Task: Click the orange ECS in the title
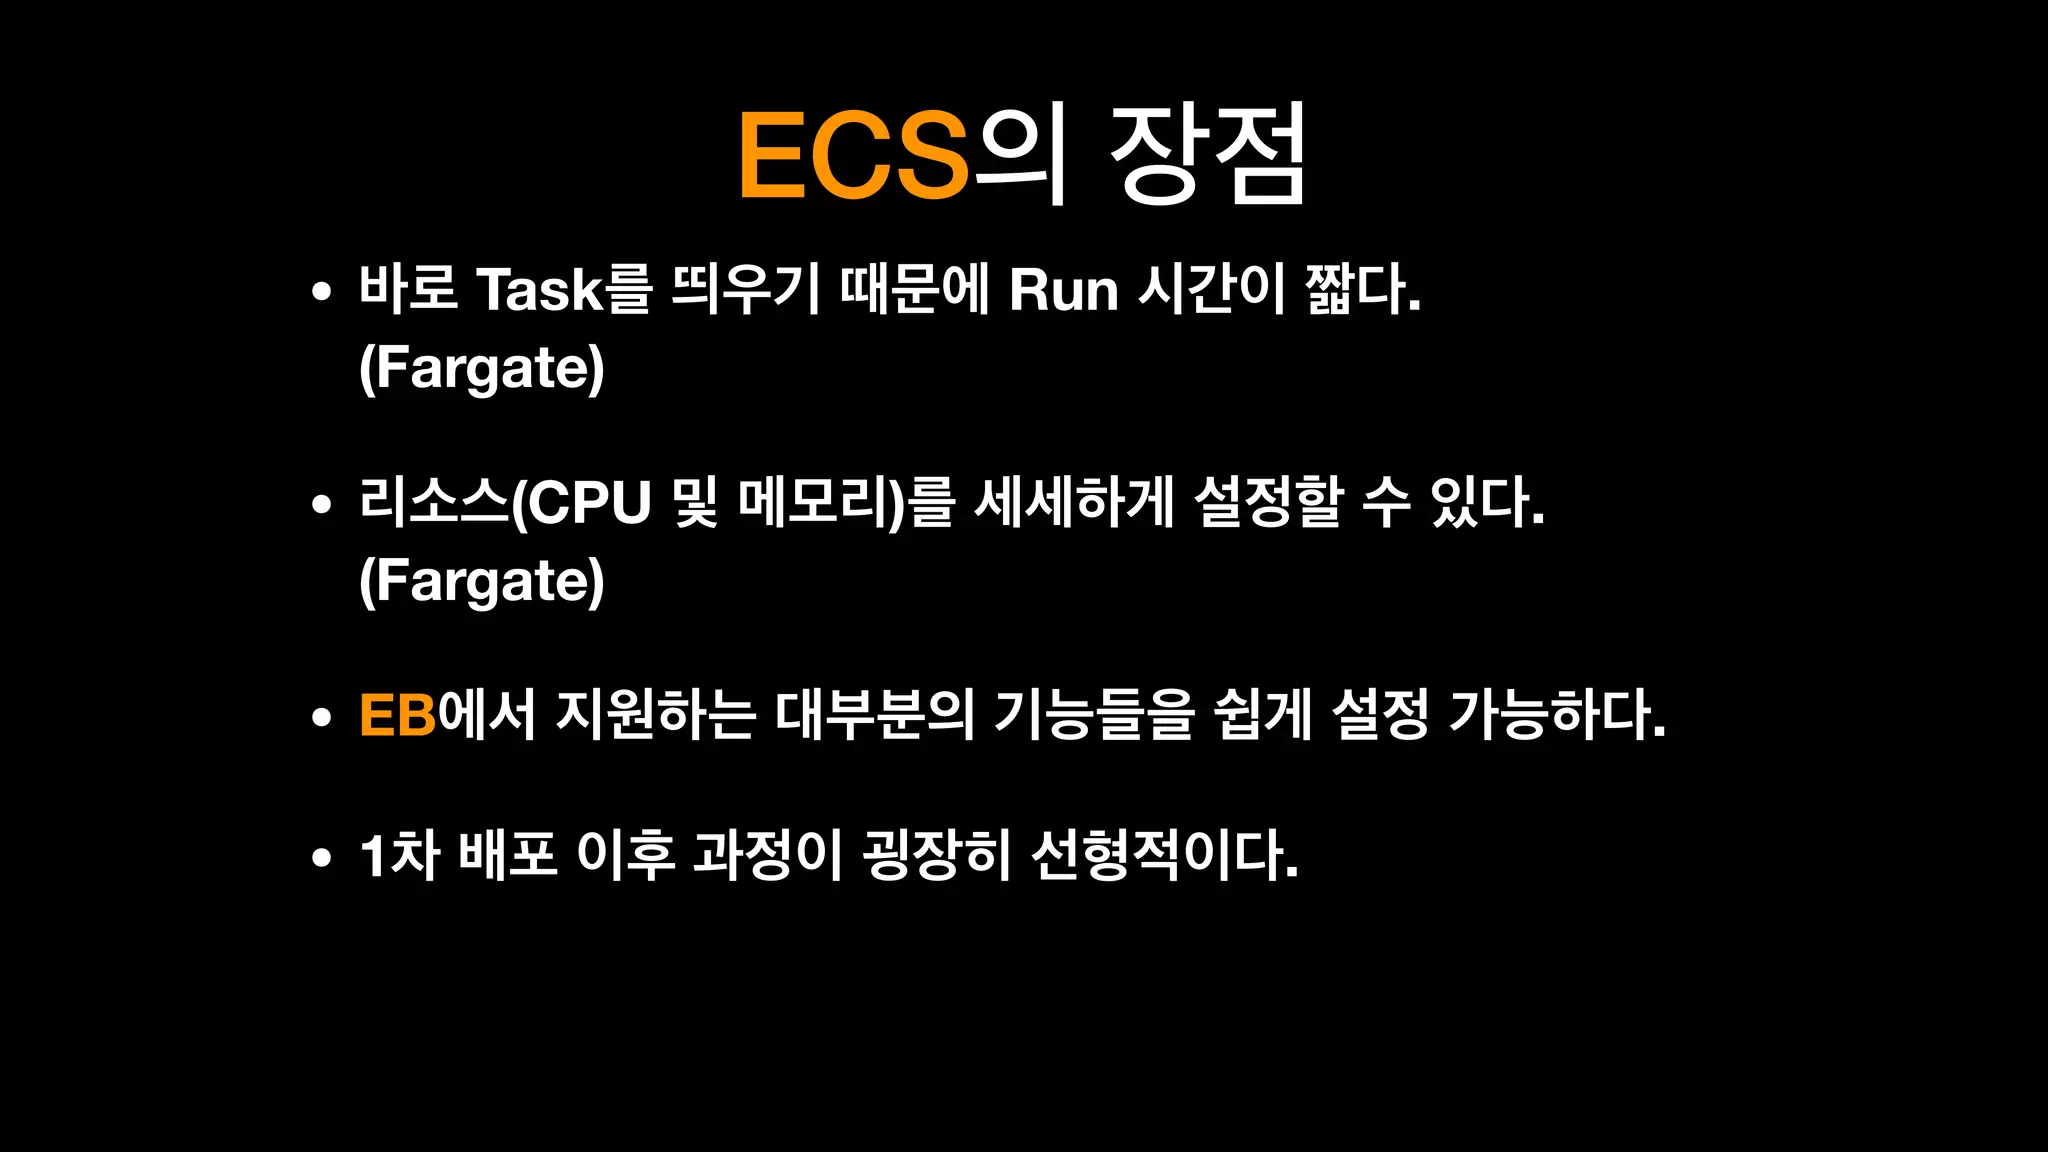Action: point(853,155)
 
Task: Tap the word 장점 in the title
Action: point(1208,155)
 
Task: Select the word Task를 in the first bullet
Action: point(564,289)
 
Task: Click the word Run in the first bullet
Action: point(1063,289)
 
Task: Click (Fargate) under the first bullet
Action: point(482,368)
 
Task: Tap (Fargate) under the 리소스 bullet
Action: point(482,581)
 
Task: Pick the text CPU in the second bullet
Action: point(590,502)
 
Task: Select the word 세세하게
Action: point(1074,502)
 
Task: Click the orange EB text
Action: point(398,715)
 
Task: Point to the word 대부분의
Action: point(874,715)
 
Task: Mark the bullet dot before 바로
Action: point(321,292)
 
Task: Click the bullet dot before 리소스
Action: point(321,504)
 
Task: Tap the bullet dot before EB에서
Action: point(321,717)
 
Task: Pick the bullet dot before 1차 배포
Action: point(321,857)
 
